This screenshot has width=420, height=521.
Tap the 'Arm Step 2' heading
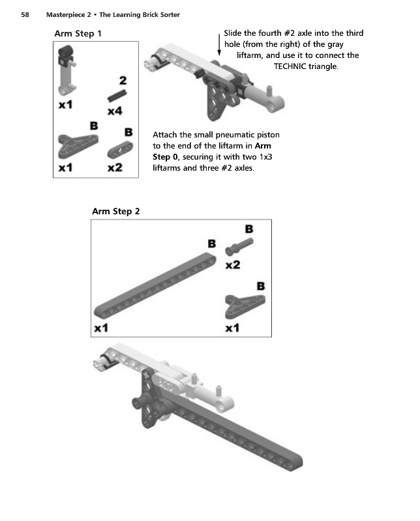tap(116, 211)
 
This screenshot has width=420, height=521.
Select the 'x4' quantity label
tap(115, 111)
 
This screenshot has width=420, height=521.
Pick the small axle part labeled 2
tap(116, 96)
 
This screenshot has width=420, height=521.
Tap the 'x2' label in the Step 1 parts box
tap(115, 167)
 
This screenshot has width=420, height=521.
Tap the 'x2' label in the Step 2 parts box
tap(232, 265)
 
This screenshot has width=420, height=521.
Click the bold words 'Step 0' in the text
tap(166, 157)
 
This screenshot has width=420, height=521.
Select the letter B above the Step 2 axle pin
tap(248, 229)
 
